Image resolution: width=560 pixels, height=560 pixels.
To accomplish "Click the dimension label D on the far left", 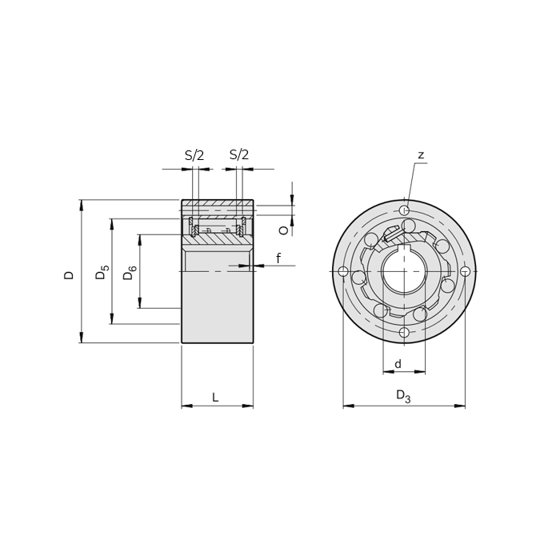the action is click(69, 275).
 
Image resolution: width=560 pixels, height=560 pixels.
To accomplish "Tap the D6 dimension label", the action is click(130, 273).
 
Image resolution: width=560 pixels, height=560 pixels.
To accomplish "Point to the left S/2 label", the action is click(194, 155).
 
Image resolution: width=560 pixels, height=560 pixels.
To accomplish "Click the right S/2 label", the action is click(239, 154).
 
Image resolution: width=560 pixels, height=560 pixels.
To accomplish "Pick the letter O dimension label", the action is click(283, 230).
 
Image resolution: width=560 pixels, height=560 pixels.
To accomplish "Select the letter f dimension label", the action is click(278, 258).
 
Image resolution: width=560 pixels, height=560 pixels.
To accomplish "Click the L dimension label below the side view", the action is click(215, 397).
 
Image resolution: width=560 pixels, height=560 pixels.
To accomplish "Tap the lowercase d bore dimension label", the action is click(398, 364).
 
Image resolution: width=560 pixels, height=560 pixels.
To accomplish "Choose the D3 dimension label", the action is click(403, 396).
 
